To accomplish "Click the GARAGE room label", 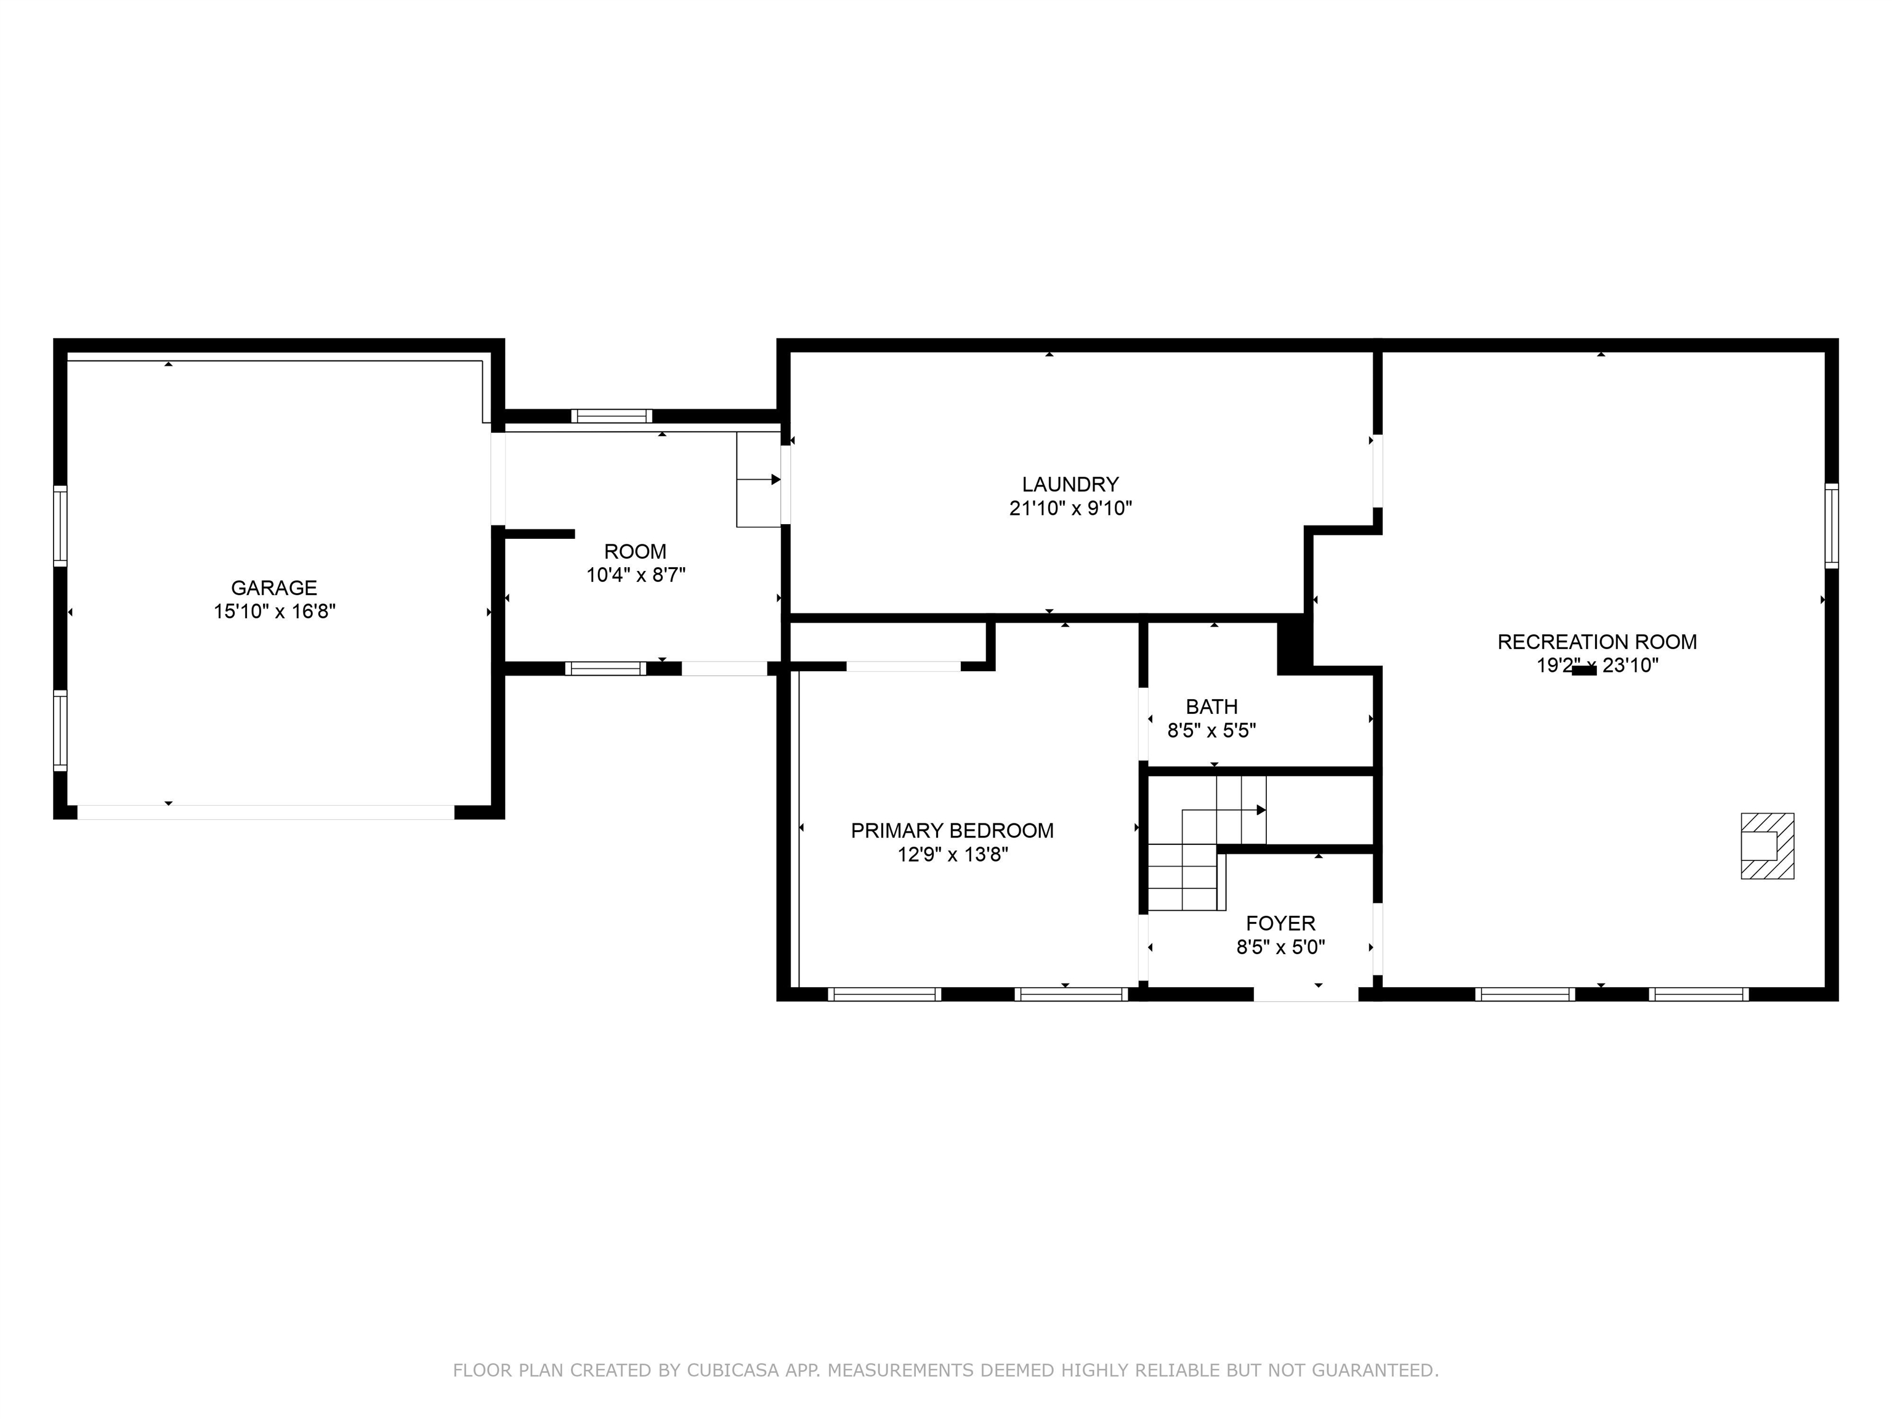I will pyautogui.click(x=273, y=588).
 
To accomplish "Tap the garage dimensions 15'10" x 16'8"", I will pyautogui.click(x=273, y=612).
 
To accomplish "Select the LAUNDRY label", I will pyautogui.click(x=1070, y=484).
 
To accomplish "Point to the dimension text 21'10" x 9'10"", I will pyautogui.click(x=1070, y=508).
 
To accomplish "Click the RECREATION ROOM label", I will pyautogui.click(x=1597, y=642).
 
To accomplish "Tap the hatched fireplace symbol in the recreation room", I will pyautogui.click(x=1767, y=846).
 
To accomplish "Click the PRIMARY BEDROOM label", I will pyautogui.click(x=952, y=831).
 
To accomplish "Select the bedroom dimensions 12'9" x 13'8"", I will pyautogui.click(x=952, y=854).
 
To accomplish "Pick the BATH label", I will pyautogui.click(x=1211, y=706).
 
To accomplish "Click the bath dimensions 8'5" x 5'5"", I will pyautogui.click(x=1211, y=730).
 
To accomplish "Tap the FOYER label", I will pyautogui.click(x=1280, y=923).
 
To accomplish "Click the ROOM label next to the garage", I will pyautogui.click(x=634, y=552).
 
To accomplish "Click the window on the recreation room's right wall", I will pyautogui.click(x=1831, y=526).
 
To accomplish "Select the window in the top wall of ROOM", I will pyautogui.click(x=612, y=416).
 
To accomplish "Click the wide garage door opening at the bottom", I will pyautogui.click(x=265, y=812).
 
